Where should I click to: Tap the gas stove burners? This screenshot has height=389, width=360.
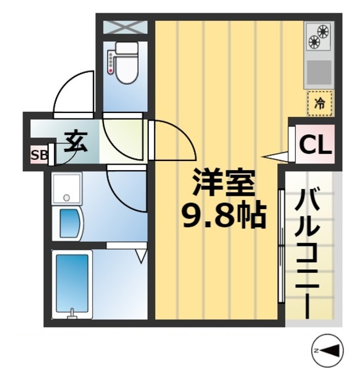coord(319,36)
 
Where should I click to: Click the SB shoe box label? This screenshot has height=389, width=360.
coord(39,154)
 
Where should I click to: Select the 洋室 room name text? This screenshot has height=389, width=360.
coord(223,181)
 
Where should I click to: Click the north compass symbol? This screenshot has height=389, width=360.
coord(328,349)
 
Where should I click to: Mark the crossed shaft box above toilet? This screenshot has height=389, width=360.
coord(125,27)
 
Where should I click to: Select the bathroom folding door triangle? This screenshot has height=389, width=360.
coord(140,253)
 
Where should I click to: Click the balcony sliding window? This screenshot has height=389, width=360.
coord(281,246)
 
